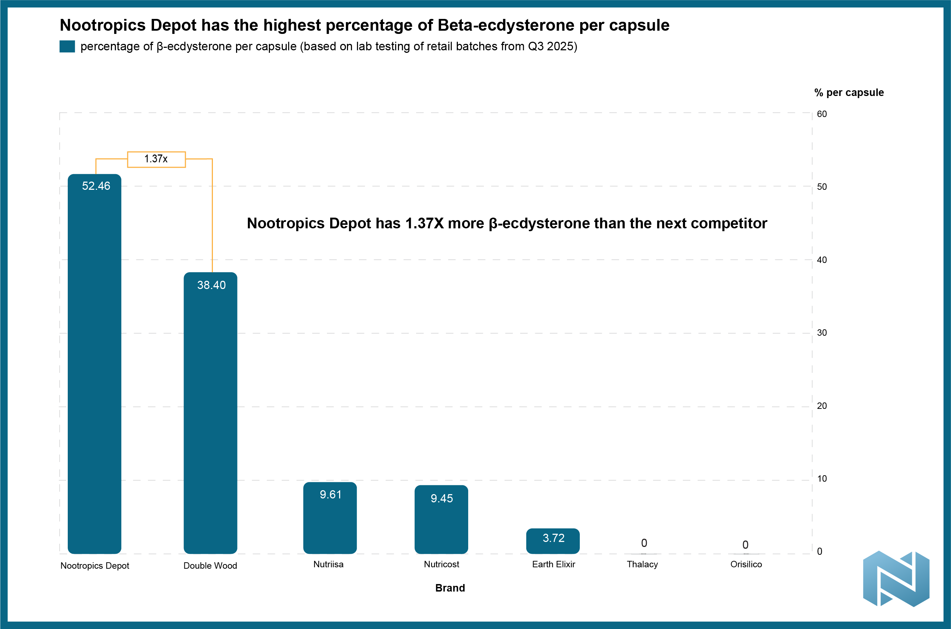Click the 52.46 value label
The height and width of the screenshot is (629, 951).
[x=96, y=186]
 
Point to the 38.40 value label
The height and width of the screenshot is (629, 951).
[x=211, y=285]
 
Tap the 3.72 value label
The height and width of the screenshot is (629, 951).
[x=553, y=538]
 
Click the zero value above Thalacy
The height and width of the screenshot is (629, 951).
[x=644, y=543]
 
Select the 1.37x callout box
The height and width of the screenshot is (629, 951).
[x=157, y=159]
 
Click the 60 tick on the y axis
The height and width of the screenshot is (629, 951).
[x=822, y=114]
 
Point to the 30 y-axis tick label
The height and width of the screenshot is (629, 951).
[x=822, y=333]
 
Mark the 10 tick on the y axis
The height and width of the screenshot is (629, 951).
[x=822, y=478]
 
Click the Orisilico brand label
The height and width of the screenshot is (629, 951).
[x=746, y=564]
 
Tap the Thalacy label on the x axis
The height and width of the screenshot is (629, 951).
[x=642, y=564]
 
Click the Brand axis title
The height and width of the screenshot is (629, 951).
[x=450, y=588]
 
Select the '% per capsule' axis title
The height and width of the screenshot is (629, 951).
[x=849, y=93]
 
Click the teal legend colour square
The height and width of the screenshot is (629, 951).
[x=67, y=46]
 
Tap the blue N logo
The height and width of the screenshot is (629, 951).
[x=896, y=578]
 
